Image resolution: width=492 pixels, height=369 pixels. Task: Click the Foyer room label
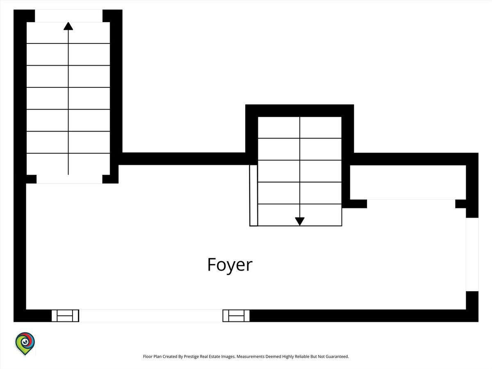tap(230, 265)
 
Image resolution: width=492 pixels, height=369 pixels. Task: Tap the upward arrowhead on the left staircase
tap(68, 26)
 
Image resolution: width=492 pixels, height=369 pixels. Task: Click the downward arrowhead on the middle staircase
tap(300, 221)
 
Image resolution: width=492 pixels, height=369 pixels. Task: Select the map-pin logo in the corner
tap(25, 344)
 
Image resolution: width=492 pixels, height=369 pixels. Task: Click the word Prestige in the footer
tap(191, 356)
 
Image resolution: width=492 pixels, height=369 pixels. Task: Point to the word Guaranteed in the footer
tap(337, 356)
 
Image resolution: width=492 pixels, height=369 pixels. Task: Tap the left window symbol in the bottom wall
tap(65, 316)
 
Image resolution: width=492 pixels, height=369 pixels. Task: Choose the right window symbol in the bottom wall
tap(236, 316)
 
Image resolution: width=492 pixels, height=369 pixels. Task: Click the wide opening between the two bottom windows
tap(150, 316)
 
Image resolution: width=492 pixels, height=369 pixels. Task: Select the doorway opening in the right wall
tap(472, 255)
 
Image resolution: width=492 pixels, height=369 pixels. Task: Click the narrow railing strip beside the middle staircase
tap(253, 196)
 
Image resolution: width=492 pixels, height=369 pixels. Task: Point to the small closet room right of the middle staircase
tap(408, 182)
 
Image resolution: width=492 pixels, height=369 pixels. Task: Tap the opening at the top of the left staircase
tap(68, 16)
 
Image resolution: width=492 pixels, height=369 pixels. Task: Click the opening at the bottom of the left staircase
tap(69, 179)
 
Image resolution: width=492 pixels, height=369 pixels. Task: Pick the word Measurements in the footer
tap(251, 356)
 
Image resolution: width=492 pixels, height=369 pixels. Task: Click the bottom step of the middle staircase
tap(300, 215)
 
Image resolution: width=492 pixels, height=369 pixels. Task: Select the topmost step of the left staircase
tap(68, 33)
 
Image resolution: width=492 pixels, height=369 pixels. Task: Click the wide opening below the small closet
tap(411, 204)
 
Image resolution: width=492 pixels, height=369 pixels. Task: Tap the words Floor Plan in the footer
tap(152, 356)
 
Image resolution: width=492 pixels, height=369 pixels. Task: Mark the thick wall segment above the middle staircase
tap(300, 111)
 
